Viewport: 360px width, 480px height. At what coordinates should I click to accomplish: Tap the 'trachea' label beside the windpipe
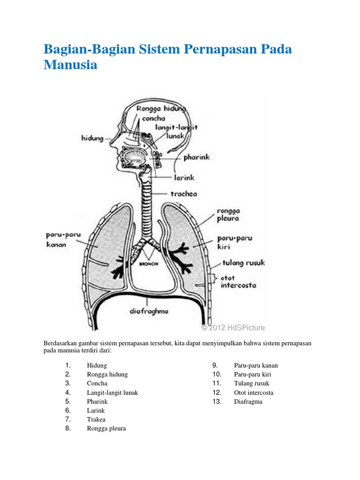pos(184,193)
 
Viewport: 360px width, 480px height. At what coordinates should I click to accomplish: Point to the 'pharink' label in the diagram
pos(197,158)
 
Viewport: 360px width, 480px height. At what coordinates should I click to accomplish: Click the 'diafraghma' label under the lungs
pos(149,310)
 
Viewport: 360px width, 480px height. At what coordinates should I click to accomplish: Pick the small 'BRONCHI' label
pos(149,264)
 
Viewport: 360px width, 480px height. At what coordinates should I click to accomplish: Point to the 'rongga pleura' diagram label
pos(228,214)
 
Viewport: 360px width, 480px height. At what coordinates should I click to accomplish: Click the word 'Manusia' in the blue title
pos(71,65)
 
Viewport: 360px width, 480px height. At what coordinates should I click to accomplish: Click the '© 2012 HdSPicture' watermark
pos(233,327)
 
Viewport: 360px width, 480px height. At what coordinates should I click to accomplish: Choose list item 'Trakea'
pos(96,420)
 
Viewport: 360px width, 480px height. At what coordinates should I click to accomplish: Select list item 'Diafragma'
pos(248,402)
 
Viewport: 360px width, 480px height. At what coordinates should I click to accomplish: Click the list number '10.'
pos(216,375)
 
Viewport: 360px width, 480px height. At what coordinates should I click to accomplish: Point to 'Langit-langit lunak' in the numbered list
pos(112,393)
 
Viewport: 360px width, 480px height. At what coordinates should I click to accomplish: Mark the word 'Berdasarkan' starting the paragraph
pos(60,344)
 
